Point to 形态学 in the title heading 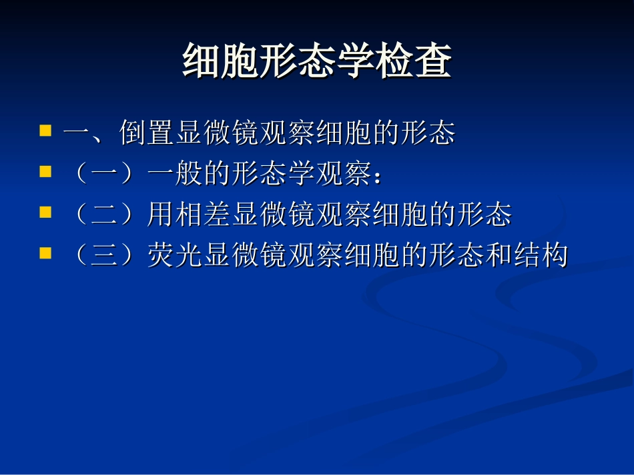pos(316,62)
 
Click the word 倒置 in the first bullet pos(147,133)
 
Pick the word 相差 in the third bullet pos(203,215)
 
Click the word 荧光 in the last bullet pos(175,256)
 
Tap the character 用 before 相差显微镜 pos(161,215)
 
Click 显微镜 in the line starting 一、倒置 pos(217,133)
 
